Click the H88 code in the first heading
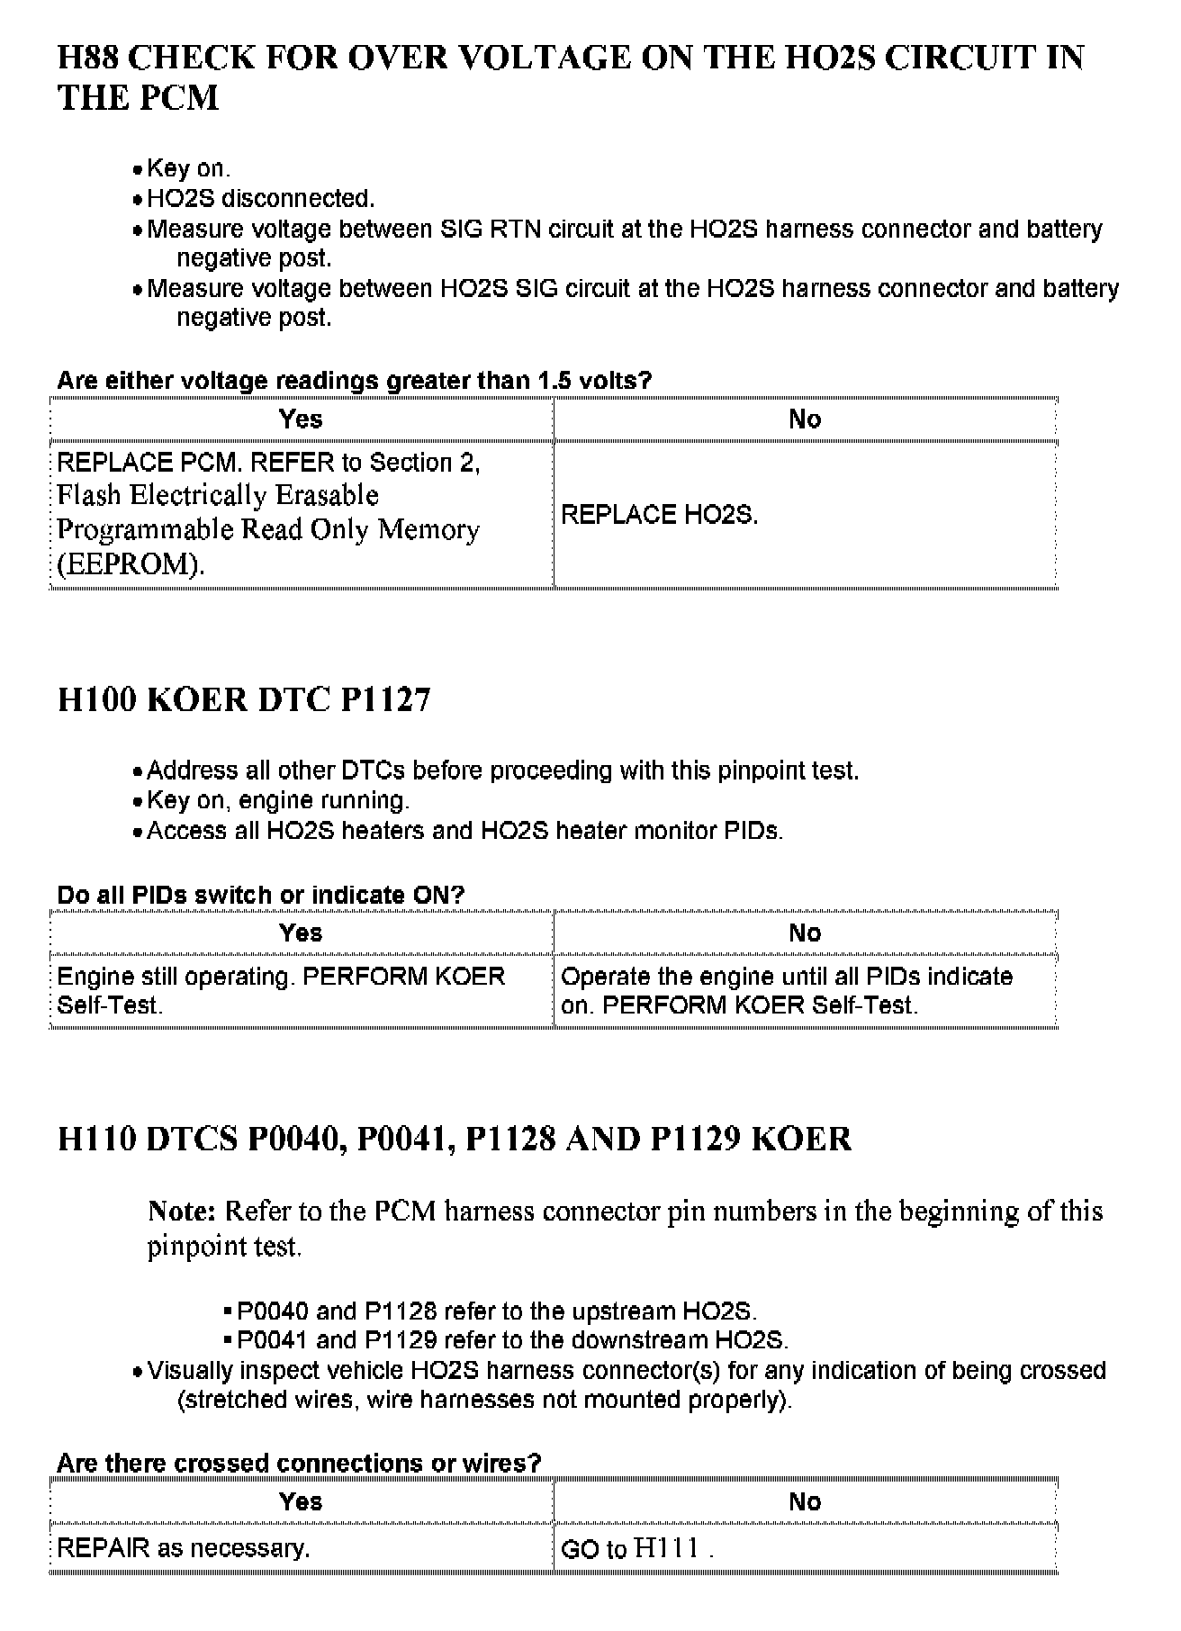pos(88,59)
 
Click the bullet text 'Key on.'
pos(188,168)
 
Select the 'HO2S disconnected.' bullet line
pos(260,198)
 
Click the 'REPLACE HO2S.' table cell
pos(659,515)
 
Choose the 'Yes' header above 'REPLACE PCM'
pos(301,419)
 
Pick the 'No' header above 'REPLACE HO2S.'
pos(804,419)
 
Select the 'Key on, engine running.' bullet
pos(277,800)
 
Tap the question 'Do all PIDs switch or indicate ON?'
pos(260,895)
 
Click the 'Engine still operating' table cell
pos(281,990)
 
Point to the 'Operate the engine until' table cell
pos(786,990)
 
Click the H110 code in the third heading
pos(96,1140)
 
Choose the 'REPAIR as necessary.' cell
pos(184,1548)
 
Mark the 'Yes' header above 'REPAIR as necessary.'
pos(301,1501)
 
